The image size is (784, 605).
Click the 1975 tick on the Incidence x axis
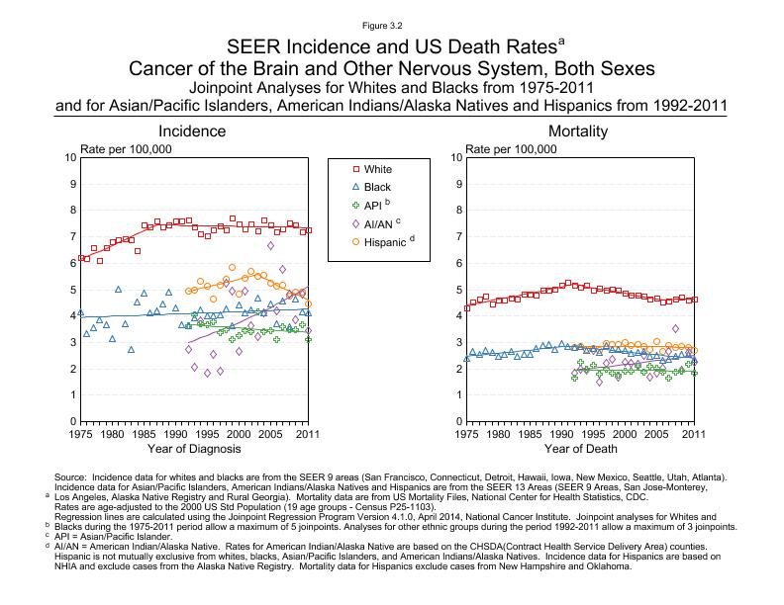80,433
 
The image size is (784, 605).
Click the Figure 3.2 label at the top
391,27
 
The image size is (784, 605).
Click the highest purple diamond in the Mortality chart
675,329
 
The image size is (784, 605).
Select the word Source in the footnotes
71,476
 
